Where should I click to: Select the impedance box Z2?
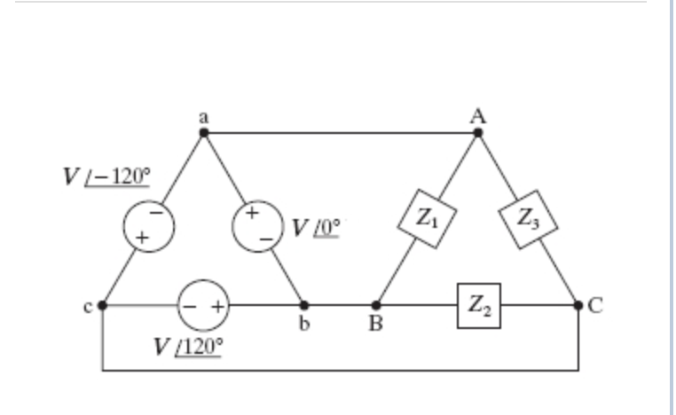coord(478,306)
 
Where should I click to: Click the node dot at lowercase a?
coord(204,133)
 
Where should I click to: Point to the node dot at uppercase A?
coord(478,133)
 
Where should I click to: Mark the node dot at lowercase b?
coord(303,305)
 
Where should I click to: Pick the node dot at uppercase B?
coord(376,305)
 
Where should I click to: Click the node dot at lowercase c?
coord(102,305)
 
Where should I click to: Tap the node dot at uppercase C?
coord(578,305)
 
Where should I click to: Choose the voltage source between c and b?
coord(203,306)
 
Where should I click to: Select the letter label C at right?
coord(595,306)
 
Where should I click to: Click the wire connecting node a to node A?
coord(342,133)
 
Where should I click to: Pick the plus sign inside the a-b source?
coord(251,213)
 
